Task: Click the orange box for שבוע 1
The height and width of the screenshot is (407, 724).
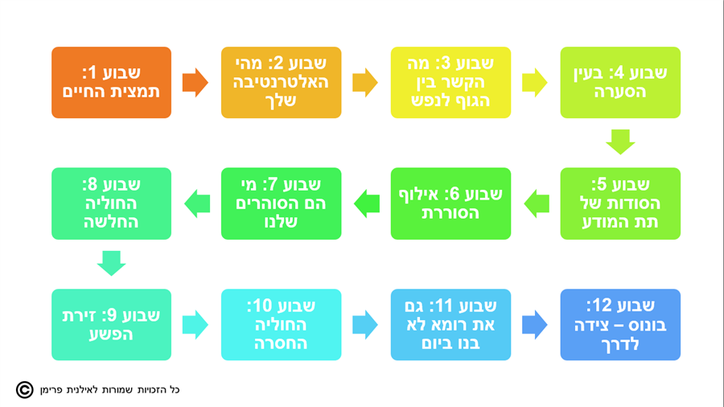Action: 111,82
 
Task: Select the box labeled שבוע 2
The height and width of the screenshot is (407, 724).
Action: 281,82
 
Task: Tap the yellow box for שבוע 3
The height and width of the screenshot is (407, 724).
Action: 450,82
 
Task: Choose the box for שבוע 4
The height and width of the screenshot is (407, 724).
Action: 620,82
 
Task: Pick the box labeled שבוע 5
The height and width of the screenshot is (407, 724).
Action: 620,203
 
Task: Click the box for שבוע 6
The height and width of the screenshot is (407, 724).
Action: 450,203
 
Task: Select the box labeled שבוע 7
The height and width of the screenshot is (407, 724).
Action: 281,203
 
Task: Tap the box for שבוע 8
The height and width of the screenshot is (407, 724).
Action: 111,203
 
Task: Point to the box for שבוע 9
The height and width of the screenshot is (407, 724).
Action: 111,325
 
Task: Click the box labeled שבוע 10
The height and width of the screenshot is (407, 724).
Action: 281,325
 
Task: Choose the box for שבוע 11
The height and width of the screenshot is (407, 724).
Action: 450,325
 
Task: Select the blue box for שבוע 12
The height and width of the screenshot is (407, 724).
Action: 620,325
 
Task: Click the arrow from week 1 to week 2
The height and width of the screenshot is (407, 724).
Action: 195,82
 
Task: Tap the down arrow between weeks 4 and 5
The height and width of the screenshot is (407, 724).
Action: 620,142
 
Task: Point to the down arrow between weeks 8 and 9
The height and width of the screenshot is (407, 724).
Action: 111,263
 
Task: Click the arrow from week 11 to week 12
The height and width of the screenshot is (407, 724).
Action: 535,325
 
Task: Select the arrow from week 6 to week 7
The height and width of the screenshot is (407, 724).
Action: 366,203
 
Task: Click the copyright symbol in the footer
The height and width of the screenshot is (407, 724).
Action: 25,390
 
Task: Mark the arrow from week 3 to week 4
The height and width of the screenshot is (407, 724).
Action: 535,82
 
